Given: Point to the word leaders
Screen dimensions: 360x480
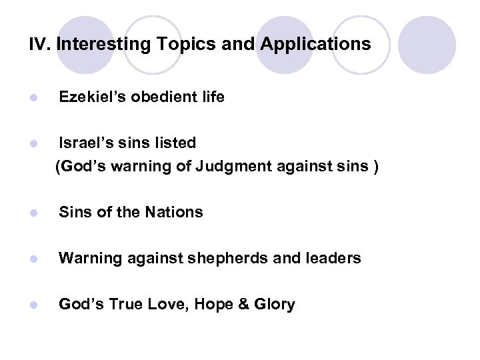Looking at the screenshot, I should [x=336, y=258].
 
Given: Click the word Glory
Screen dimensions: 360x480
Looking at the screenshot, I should [x=275, y=304].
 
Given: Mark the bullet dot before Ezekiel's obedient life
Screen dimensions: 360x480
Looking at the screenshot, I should [x=34, y=98].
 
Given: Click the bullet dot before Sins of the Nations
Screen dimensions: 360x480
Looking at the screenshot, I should [x=34, y=213].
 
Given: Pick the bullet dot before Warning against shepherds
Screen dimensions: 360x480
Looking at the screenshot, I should [x=34, y=259].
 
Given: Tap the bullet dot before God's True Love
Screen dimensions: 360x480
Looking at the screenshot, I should [x=34, y=305].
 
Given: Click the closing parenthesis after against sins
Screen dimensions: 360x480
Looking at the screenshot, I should [x=376, y=165].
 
